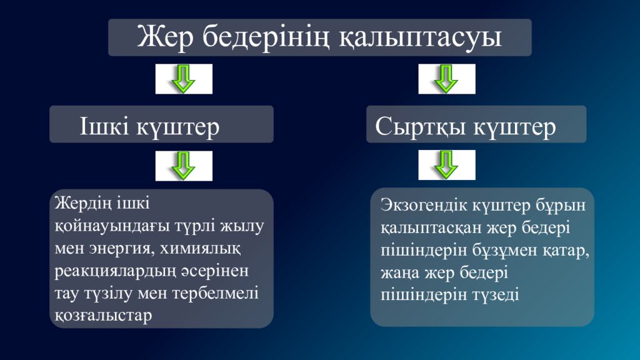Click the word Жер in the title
(166, 37)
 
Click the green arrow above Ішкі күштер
(184, 79)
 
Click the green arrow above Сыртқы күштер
(446, 79)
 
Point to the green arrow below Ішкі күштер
(184, 166)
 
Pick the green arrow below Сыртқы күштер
(446, 165)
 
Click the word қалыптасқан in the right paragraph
(425, 227)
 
